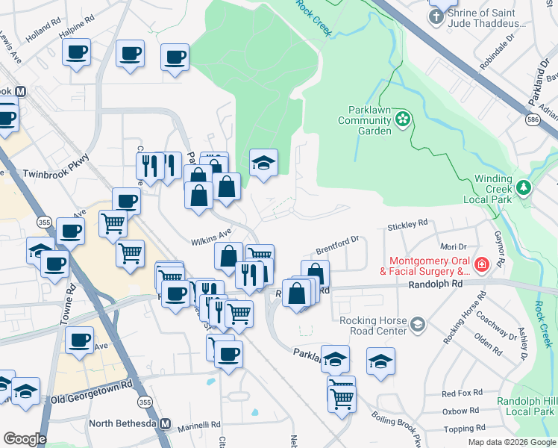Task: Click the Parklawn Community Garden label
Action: (365, 120)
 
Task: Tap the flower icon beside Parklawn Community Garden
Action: (403, 118)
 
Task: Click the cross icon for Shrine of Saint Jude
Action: (436, 14)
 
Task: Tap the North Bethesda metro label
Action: (125, 424)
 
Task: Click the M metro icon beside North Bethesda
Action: (166, 424)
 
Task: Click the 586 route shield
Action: (533, 119)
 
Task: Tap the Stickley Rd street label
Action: (407, 223)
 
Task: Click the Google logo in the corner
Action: (25, 439)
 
